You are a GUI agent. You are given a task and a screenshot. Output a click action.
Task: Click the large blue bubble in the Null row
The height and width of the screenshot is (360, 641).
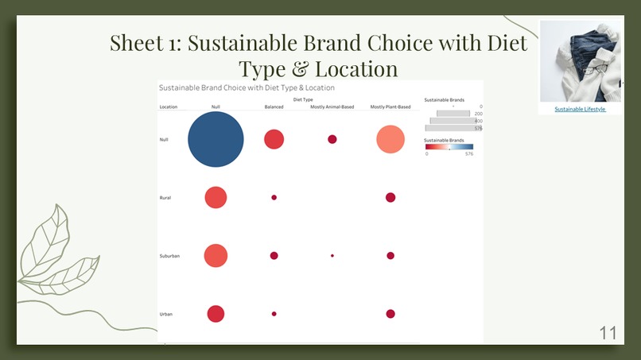tap(216, 139)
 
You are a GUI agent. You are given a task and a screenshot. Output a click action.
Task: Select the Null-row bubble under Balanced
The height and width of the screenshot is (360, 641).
tap(274, 139)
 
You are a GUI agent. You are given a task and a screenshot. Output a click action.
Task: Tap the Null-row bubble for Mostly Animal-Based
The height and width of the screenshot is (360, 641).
tap(332, 139)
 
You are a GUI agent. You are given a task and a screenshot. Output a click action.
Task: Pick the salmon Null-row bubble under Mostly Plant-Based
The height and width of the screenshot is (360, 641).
tap(390, 140)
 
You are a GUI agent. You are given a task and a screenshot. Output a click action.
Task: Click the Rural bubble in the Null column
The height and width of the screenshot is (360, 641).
tap(216, 197)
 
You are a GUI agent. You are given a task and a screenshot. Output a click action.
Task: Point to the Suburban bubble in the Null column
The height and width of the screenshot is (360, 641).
tap(216, 256)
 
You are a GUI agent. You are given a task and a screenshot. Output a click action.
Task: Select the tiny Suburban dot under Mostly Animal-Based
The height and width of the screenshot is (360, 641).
tap(332, 256)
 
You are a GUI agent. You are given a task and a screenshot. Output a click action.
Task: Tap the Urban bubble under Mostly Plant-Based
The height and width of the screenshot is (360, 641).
tap(390, 314)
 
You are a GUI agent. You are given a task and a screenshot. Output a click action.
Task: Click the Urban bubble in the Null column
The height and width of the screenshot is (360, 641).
tap(216, 314)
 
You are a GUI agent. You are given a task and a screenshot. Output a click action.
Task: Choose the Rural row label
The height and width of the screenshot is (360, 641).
tap(165, 198)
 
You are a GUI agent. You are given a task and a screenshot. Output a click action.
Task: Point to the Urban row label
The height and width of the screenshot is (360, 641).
tap(166, 315)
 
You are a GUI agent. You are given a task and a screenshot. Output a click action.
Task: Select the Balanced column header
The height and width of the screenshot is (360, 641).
tap(274, 106)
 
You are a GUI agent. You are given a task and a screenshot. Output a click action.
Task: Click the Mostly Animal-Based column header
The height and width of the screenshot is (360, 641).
tap(332, 106)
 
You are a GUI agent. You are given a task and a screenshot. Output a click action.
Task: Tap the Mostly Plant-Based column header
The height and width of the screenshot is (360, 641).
tap(390, 106)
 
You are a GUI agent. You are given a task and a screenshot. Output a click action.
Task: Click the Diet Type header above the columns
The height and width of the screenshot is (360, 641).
tap(303, 99)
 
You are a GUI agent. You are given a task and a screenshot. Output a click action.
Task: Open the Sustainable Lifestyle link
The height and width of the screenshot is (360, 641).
tap(580, 109)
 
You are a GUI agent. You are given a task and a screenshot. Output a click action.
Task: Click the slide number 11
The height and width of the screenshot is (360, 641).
tap(608, 333)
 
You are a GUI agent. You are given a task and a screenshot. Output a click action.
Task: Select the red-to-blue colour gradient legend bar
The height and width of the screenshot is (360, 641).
tap(449, 147)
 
